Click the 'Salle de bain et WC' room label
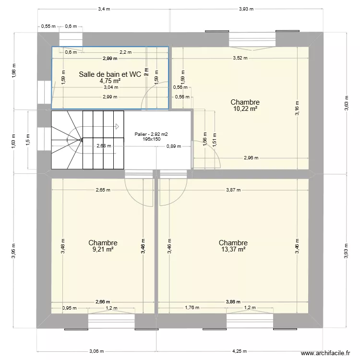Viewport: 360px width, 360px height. pyautogui.click(x=110, y=74)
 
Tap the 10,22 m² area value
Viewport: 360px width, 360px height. pyautogui.click(x=245, y=109)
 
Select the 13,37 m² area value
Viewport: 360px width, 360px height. pyautogui.click(x=233, y=249)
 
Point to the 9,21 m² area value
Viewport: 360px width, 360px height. pyautogui.click(x=103, y=249)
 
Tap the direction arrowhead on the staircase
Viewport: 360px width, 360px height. pyautogui.click(x=117, y=127)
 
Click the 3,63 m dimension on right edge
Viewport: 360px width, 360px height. pyautogui.click(x=347, y=108)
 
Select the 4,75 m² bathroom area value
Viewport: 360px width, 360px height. pyautogui.click(x=110, y=81)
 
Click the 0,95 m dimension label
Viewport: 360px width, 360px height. pyautogui.click(x=69, y=309)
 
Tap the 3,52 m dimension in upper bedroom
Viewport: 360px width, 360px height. pyautogui.click(x=240, y=58)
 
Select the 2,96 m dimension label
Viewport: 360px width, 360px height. pyautogui.click(x=251, y=158)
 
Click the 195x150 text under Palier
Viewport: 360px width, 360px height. pyautogui.click(x=151, y=139)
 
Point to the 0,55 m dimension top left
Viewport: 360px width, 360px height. pyautogui.click(x=48, y=26)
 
